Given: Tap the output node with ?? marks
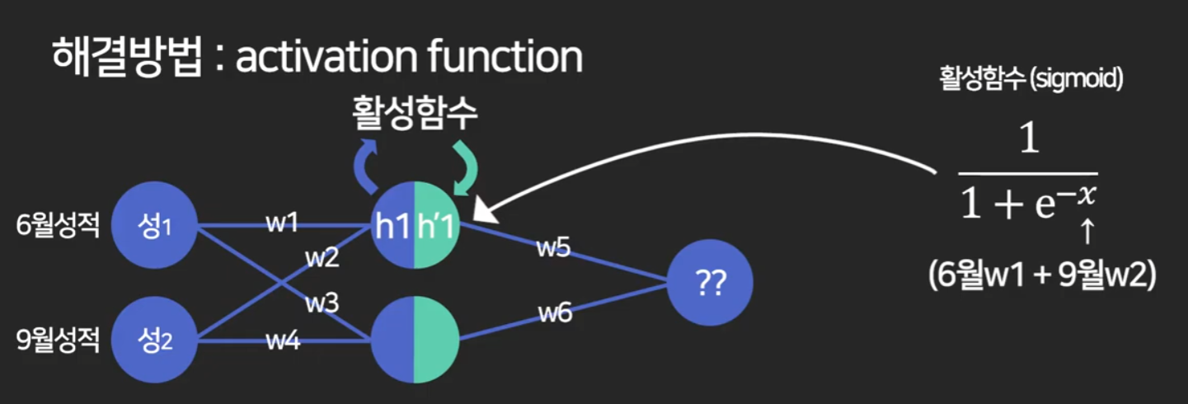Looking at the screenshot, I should point(710,283).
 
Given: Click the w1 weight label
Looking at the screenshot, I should point(282,223).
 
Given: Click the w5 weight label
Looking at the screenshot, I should point(553,248).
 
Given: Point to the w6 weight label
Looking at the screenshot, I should point(556,312).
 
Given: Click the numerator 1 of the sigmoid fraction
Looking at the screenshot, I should point(1027,141).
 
